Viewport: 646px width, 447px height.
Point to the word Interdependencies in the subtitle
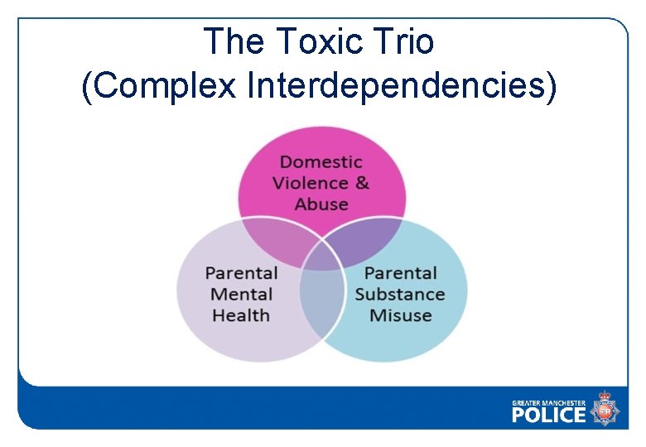396,85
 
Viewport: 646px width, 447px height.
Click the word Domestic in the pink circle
321,162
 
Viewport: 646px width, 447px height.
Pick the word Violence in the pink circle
311,183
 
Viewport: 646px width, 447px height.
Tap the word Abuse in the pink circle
321,204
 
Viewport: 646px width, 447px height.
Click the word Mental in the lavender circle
241,294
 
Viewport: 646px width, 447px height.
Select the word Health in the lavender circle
241,315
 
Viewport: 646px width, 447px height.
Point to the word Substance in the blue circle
400,294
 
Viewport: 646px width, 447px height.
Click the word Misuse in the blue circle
400,315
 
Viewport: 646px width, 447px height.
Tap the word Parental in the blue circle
400,273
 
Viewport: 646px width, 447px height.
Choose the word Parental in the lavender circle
241,273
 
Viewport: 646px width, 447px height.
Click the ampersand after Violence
362,183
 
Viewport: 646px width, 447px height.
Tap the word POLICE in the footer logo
548,414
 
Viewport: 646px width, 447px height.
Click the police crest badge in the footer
605,409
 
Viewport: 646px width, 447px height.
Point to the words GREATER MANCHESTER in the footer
548,402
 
